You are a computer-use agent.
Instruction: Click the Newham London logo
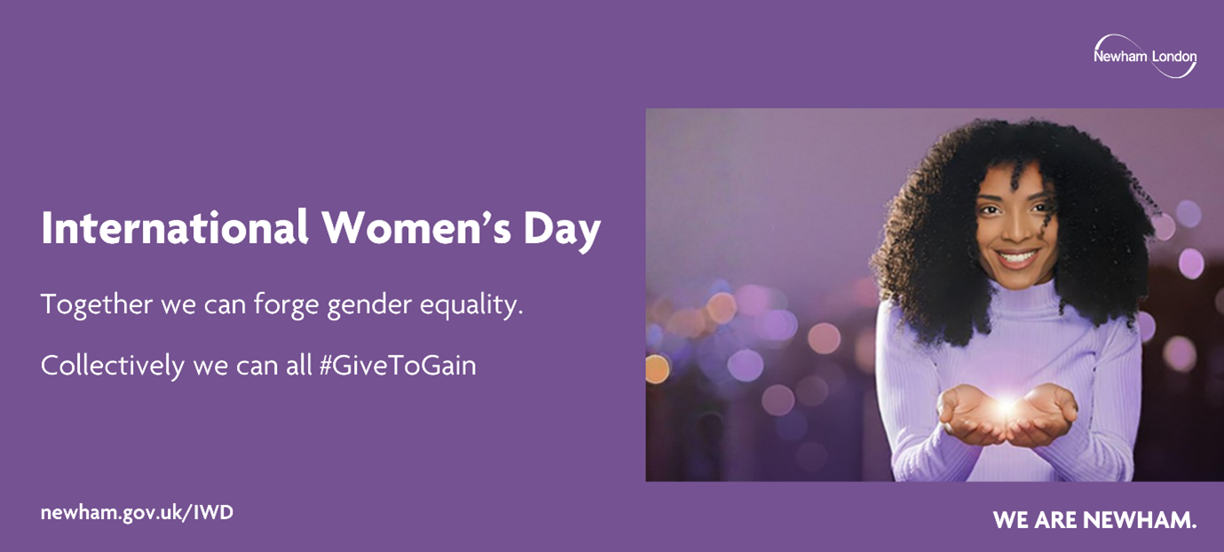coord(1144,56)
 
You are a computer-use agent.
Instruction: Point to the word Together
coord(96,305)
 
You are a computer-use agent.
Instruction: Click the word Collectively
coord(112,366)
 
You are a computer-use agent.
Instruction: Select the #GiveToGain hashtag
coord(397,366)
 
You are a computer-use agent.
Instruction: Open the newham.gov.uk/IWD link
coord(137,513)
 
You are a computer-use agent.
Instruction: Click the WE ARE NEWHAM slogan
coord(1094,520)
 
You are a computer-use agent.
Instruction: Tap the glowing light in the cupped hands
coord(1007,407)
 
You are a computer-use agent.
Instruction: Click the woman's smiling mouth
coord(1017,258)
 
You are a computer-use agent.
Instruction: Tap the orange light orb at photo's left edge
coord(657,368)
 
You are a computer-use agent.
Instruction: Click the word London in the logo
coord(1173,57)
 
